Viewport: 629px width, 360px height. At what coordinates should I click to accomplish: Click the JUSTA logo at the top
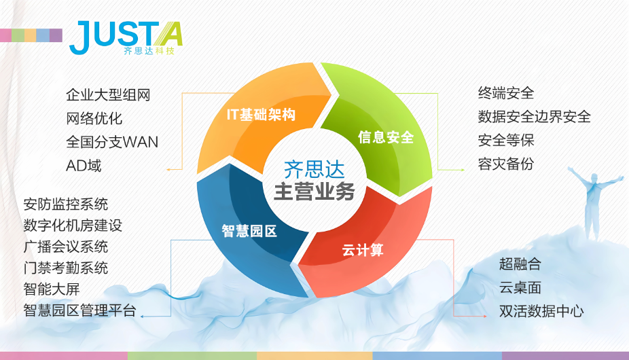coord(126,38)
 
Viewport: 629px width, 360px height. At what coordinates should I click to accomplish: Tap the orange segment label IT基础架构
coord(261,115)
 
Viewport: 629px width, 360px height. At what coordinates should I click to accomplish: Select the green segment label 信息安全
coord(386,137)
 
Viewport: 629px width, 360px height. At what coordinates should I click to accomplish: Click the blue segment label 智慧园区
coord(249,231)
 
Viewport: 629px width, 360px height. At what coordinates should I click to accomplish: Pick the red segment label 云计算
coord(363,250)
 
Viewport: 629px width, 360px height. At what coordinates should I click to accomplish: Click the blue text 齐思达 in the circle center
coord(314,169)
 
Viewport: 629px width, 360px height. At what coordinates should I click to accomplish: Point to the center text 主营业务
coord(314,192)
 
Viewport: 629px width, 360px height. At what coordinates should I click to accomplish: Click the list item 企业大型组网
coord(108,95)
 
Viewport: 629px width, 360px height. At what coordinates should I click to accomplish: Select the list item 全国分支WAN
coord(112,142)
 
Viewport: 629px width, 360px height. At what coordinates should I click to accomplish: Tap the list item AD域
coord(84,165)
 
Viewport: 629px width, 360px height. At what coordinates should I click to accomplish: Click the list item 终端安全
coord(506,93)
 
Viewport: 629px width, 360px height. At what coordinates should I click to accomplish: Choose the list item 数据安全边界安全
coord(534,117)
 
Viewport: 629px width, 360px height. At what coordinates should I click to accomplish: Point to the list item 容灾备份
coord(506,164)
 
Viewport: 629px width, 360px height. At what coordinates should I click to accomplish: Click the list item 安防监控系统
coord(66,204)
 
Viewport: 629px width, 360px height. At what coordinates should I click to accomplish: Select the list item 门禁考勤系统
coord(66,268)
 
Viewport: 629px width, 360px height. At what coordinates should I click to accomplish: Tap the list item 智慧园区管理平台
coord(80,310)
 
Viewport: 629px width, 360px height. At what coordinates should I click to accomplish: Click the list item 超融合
coord(520,264)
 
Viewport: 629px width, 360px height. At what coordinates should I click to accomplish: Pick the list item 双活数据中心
coord(541,311)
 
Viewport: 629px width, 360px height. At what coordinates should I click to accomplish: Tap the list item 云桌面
coord(520,288)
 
